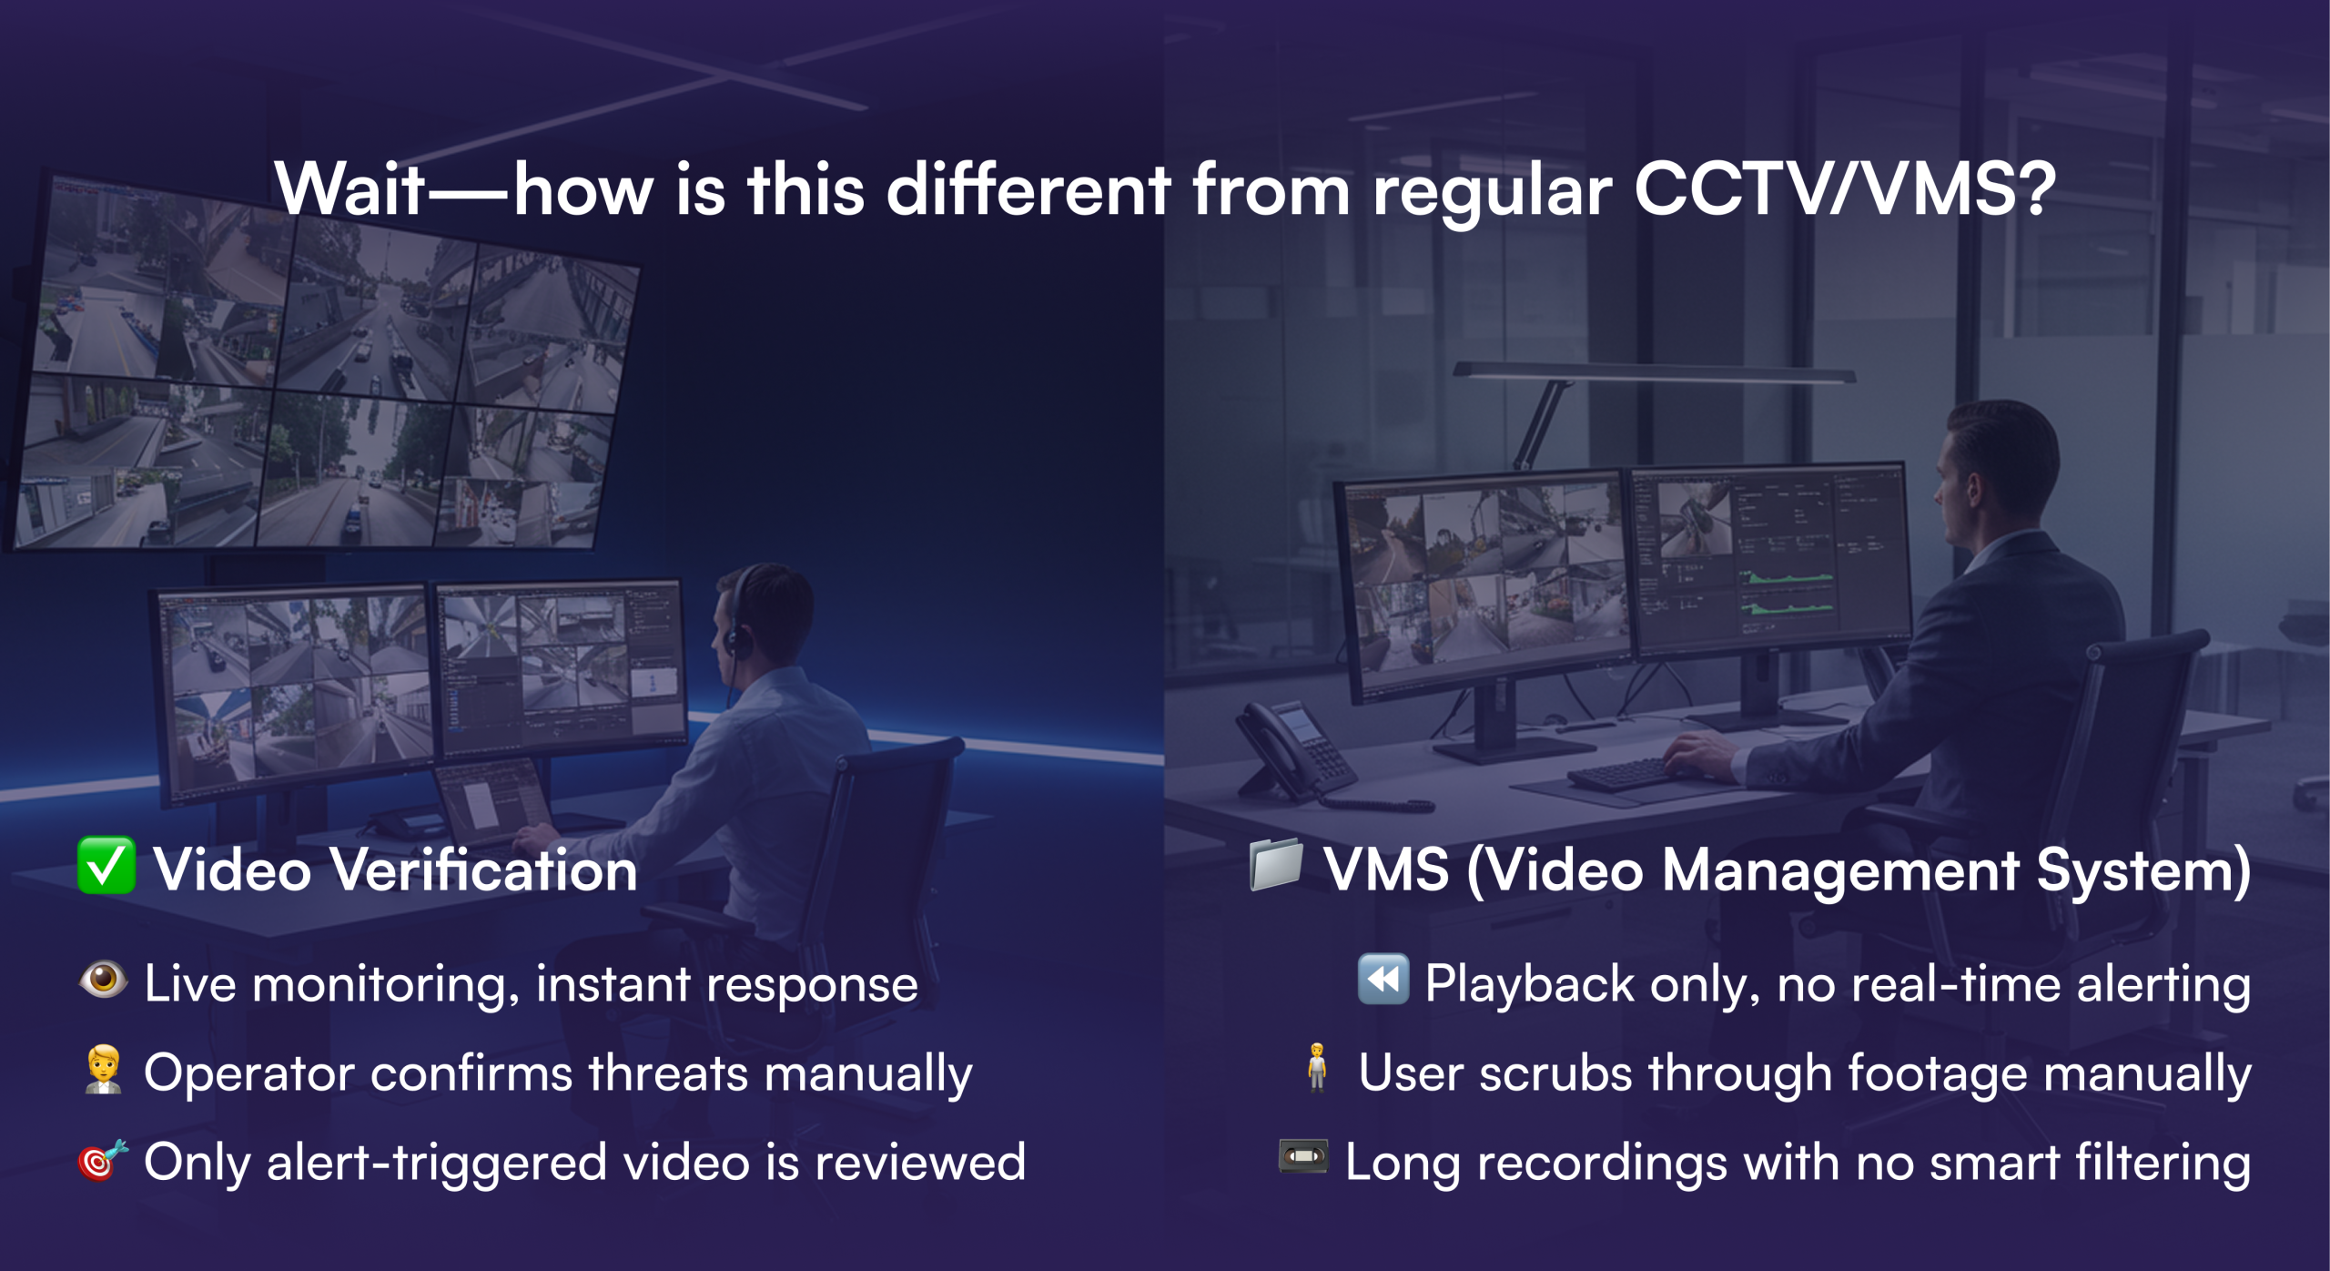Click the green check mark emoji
106,865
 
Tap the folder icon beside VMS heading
1276,865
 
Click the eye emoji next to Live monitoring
103,980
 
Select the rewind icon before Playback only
1383,980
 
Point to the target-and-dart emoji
103,1160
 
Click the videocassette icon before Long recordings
1303,1156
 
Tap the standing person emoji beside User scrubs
1316,1068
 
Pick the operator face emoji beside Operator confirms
104,1069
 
